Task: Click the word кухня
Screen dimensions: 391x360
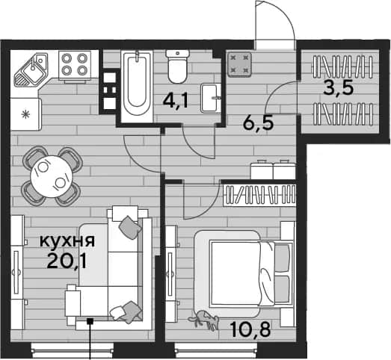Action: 67,241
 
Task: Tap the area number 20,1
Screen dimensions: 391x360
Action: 67,261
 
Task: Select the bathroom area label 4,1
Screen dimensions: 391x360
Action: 175,102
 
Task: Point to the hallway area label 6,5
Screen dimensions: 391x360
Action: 259,123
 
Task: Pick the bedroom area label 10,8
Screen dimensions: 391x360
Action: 250,329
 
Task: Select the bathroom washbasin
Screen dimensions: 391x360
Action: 212,98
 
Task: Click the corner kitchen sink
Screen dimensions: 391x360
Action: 31,69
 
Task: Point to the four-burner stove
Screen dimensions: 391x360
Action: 75,65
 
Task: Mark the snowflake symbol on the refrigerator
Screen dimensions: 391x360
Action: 25,115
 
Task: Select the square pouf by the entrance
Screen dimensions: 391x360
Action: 239,64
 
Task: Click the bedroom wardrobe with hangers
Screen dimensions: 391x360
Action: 259,195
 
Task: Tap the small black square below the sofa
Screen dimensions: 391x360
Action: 90,321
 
